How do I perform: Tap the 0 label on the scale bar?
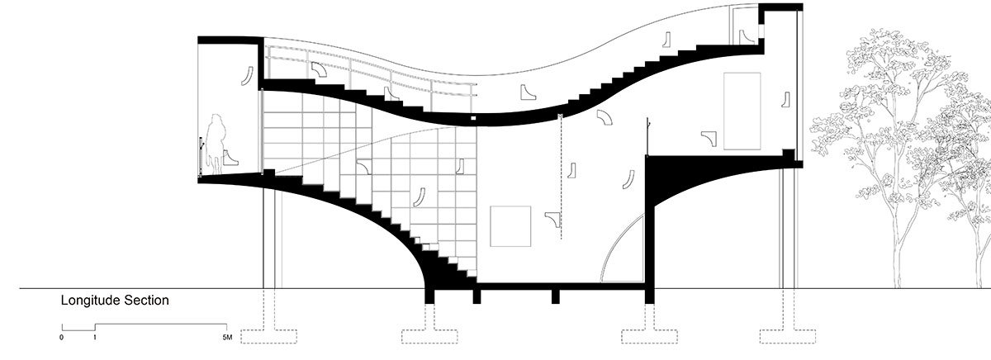[x=61, y=339]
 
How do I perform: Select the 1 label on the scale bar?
[x=94, y=339]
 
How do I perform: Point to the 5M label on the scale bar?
[x=229, y=339]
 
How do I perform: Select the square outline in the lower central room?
[x=510, y=225]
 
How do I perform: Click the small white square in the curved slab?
[x=473, y=119]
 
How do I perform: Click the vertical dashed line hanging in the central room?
[x=562, y=165]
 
